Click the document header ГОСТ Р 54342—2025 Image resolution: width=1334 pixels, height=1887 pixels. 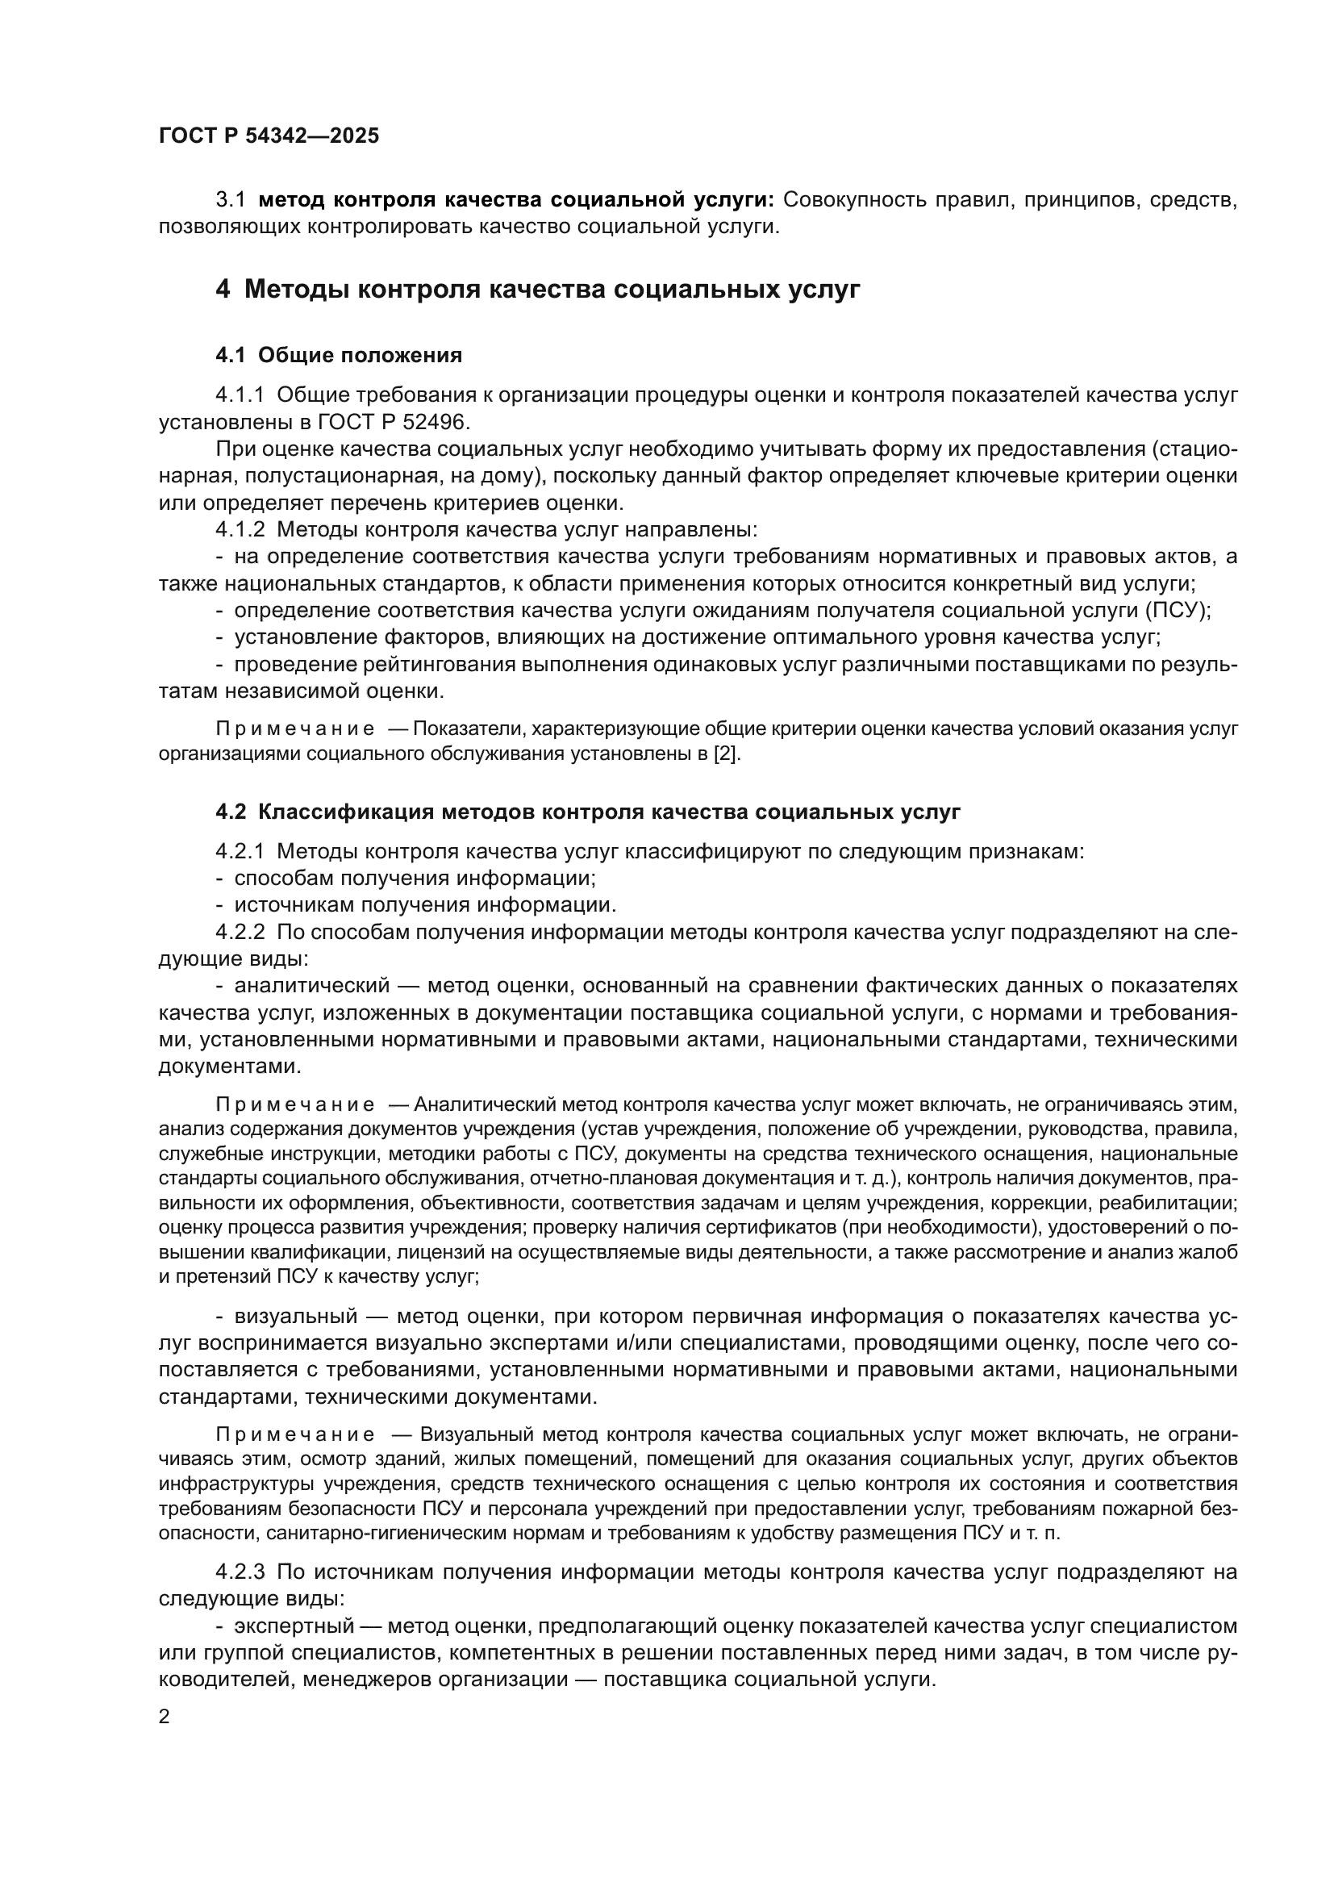[x=269, y=136]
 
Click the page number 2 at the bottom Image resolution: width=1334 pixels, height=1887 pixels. [x=165, y=1716]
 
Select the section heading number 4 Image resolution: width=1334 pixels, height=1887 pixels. [x=223, y=290]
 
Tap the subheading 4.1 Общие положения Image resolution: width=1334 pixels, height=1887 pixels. [x=339, y=355]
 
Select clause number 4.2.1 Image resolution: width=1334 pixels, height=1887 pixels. [x=240, y=851]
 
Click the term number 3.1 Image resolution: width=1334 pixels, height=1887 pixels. [x=230, y=200]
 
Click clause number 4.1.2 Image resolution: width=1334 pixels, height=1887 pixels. [x=240, y=530]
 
